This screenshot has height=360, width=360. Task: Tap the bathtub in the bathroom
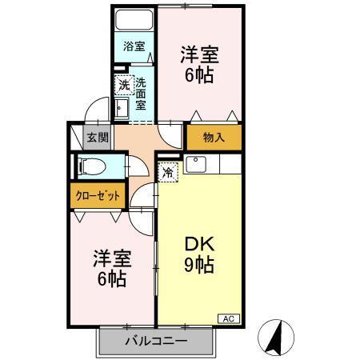[x=133, y=22]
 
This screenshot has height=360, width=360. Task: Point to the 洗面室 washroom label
[x=140, y=93]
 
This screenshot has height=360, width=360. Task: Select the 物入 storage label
[x=214, y=137]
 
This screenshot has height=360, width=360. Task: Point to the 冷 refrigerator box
[x=168, y=170]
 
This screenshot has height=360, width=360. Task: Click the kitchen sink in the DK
[x=195, y=165]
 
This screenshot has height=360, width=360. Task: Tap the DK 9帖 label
[x=199, y=254]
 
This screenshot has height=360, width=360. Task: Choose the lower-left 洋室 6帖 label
[x=111, y=269]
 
